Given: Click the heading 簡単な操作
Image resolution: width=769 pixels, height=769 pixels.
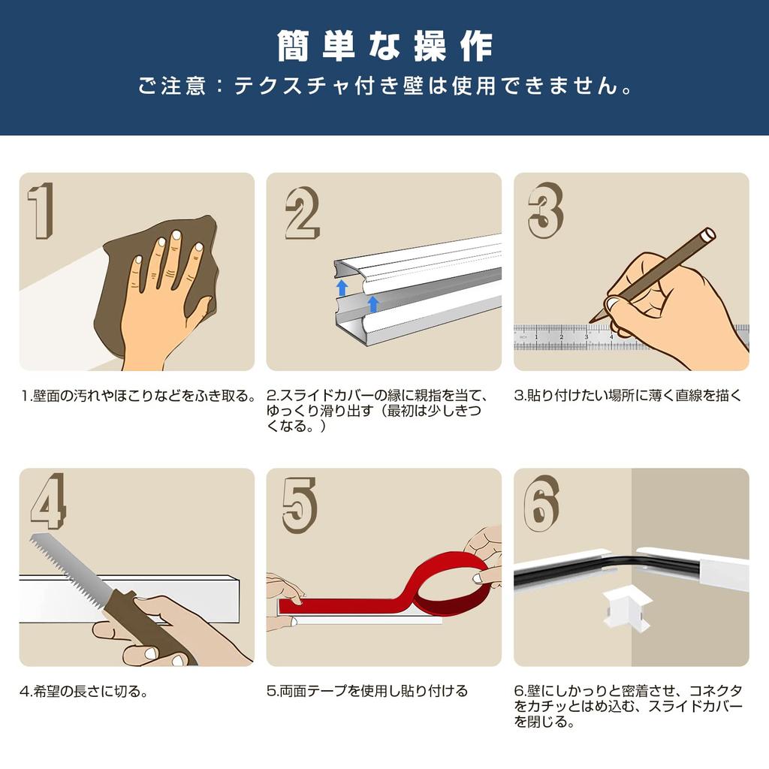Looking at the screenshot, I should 384,47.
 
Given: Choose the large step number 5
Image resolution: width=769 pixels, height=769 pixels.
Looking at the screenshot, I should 300,505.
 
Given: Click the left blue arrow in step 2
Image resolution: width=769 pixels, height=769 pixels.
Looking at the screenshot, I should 342,288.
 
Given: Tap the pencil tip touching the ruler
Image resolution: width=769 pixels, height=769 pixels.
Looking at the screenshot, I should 593,321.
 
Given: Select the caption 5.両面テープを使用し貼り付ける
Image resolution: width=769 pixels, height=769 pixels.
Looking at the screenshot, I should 367,691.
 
